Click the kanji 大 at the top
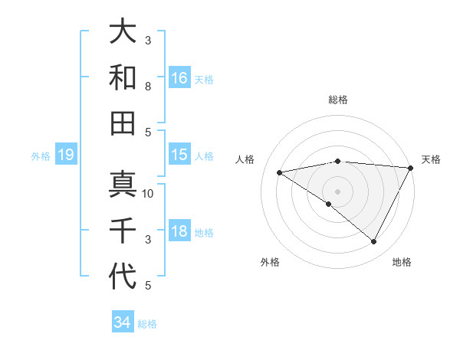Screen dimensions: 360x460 tap(123, 31)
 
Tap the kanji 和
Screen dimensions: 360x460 tap(123, 77)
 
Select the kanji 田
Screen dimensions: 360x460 tap(123, 122)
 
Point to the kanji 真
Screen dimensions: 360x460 tap(123, 185)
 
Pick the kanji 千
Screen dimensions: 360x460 tap(123, 231)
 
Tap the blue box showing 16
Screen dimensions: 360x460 tap(179, 78)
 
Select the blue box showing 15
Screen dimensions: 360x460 tap(179, 155)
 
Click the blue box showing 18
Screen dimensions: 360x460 tap(179, 231)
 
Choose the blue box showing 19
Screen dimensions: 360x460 tap(65, 155)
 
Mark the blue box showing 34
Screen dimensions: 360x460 tap(122, 322)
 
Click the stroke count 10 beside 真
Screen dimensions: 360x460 tap(149, 194)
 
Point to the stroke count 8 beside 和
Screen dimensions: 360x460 tap(148, 87)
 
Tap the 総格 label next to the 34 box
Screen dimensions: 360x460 tap(147, 324)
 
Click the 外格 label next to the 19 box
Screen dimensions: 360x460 tap(41, 156)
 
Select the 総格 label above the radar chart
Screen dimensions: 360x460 tap(337, 100)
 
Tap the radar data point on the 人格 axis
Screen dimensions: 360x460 tap(280, 172)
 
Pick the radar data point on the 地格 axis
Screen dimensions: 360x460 tap(374, 241)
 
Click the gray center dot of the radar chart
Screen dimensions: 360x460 tap(337, 191)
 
